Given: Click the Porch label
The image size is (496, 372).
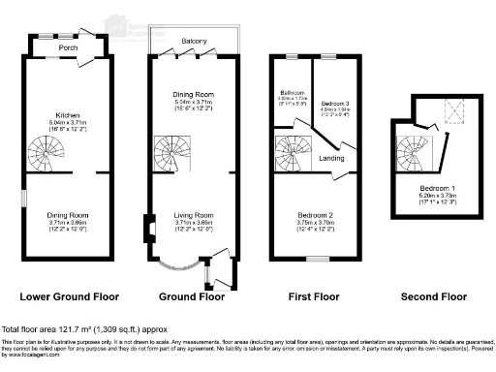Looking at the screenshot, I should coord(68,45).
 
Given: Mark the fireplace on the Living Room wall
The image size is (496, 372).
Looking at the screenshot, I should coord(148,229).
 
